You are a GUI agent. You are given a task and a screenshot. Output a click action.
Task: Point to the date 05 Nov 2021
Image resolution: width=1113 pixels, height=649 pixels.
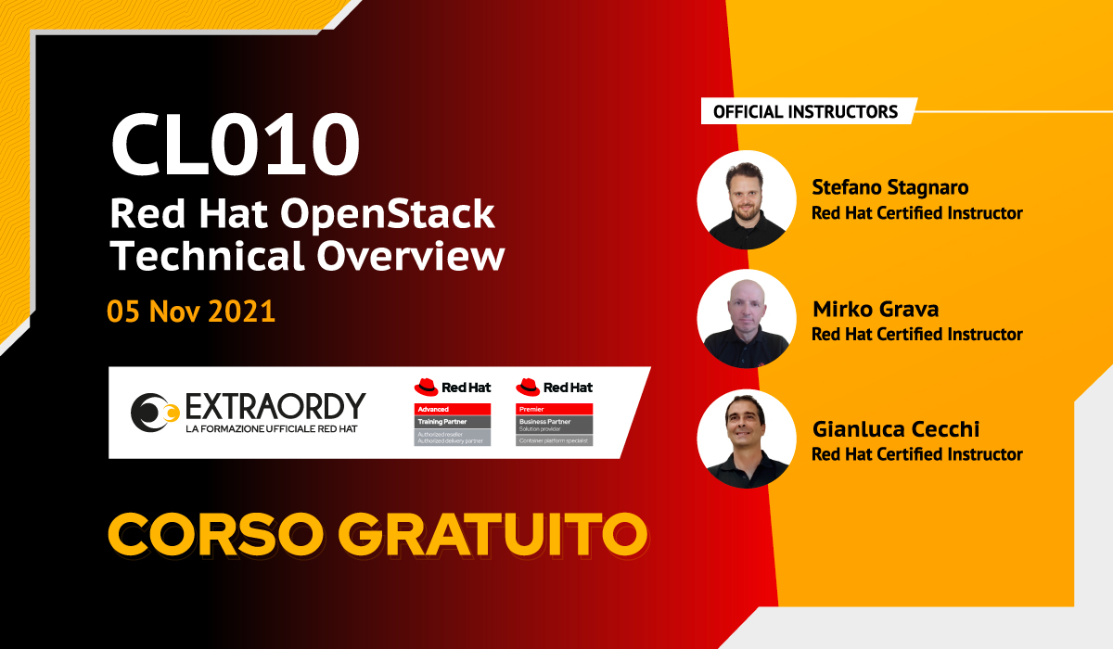tap(191, 311)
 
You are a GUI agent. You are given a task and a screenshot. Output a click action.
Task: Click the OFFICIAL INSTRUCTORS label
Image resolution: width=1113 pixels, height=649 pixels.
tap(805, 111)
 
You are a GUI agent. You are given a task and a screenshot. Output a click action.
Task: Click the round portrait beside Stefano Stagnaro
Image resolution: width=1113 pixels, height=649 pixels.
tap(747, 199)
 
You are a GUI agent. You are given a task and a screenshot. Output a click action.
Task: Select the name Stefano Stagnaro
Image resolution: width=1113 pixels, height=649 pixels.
tap(889, 187)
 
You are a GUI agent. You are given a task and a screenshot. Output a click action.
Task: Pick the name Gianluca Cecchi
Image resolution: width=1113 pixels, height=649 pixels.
tap(895, 429)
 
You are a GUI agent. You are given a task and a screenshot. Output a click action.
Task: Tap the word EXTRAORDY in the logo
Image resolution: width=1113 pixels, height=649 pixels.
tap(275, 405)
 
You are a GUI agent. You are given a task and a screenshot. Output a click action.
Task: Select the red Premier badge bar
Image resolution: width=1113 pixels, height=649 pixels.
tap(555, 409)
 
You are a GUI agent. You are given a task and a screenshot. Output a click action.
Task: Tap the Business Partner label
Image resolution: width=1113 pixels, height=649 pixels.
tap(555, 421)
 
